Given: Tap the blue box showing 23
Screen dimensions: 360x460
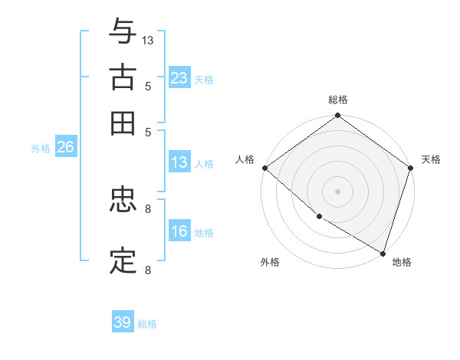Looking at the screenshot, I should pyautogui.click(x=179, y=78).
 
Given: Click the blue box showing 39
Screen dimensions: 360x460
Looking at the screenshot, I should pyautogui.click(x=123, y=322).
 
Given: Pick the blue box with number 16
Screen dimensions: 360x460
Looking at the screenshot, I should pyautogui.click(x=179, y=232).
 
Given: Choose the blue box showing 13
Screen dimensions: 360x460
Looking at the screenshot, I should pyautogui.click(x=179, y=162).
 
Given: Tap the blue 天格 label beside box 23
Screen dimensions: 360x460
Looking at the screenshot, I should pyautogui.click(x=204, y=79).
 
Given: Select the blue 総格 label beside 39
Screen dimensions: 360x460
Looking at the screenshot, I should pyautogui.click(x=147, y=324).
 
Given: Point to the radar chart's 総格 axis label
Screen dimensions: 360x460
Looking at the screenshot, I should pyautogui.click(x=338, y=100).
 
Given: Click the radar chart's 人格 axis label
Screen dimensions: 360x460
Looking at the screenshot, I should pyautogui.click(x=245, y=159).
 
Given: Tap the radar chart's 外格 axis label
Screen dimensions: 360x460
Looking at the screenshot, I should pyautogui.click(x=270, y=262).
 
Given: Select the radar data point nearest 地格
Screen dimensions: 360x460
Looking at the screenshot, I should pyautogui.click(x=383, y=252).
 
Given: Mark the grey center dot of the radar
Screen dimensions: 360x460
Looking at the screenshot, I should pyautogui.click(x=338, y=191).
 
